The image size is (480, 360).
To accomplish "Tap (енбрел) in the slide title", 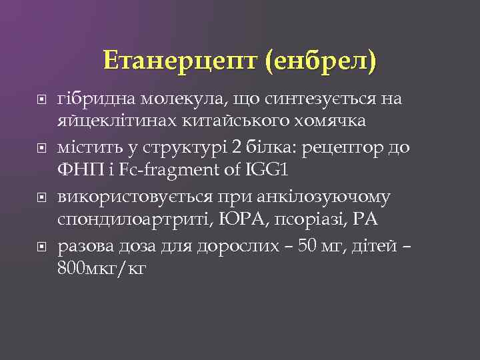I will [x=320, y=62].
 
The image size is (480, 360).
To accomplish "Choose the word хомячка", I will [x=327, y=121].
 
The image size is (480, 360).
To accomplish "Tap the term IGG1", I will [x=265, y=170].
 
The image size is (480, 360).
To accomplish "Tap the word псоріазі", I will [x=307, y=220].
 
